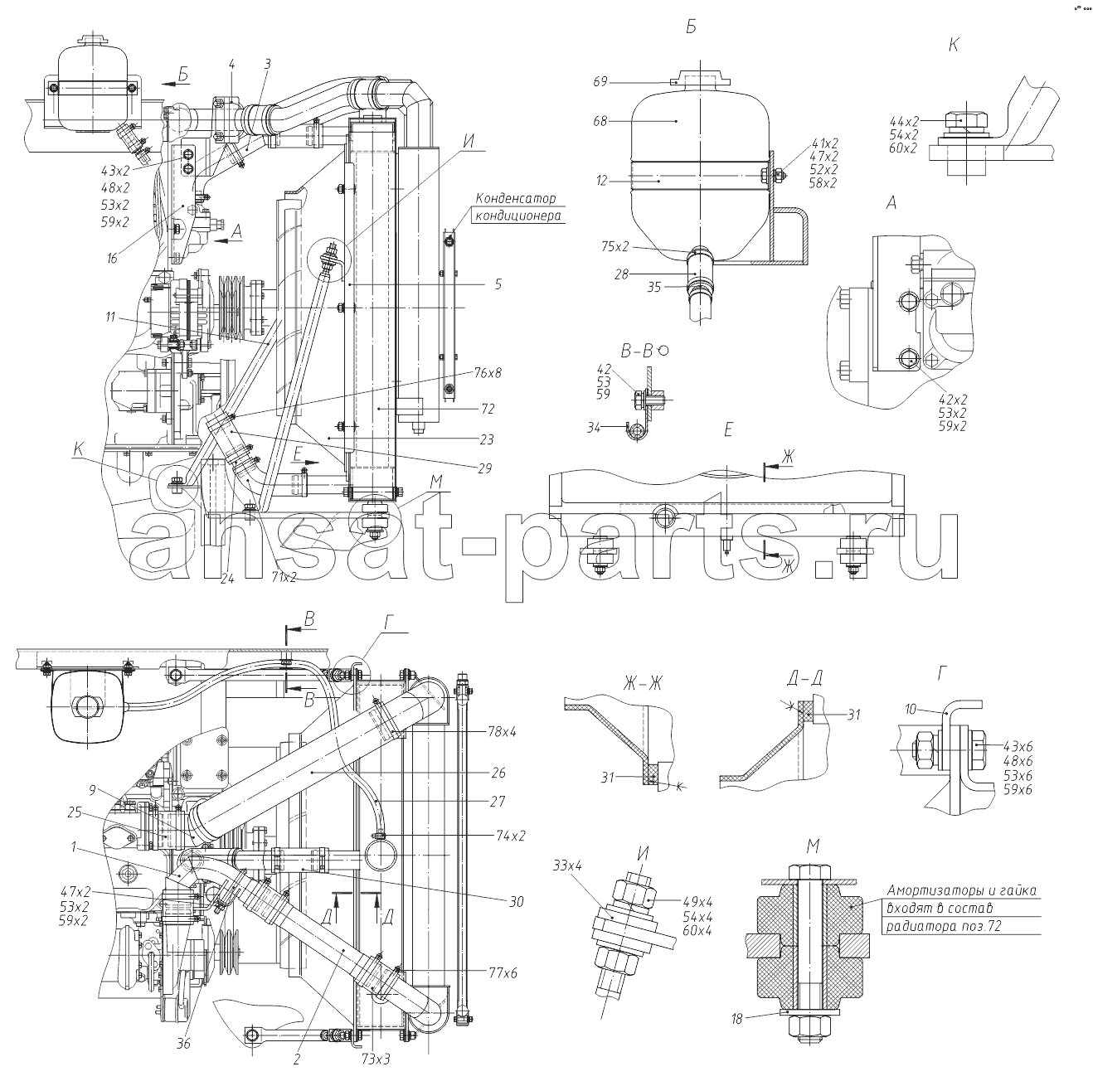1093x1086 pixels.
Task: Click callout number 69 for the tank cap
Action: point(600,82)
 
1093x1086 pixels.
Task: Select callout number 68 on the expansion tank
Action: point(600,121)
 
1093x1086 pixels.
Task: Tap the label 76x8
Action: point(488,374)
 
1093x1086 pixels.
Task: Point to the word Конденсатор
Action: point(516,198)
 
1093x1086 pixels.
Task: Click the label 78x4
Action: point(502,731)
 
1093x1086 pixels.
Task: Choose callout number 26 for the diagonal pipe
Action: point(498,773)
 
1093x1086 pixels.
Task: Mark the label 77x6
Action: point(503,973)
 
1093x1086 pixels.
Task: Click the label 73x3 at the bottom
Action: point(376,1059)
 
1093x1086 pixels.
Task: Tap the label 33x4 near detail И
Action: point(567,866)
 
